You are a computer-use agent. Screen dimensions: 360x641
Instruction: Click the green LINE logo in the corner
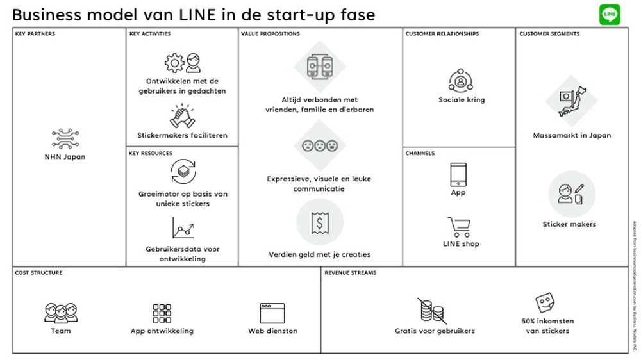[x=610, y=14]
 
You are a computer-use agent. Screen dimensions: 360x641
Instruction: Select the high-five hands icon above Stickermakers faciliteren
[x=182, y=117]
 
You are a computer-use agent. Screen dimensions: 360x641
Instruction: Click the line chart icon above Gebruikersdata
[x=183, y=228]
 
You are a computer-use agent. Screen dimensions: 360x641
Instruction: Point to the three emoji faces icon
[x=319, y=145]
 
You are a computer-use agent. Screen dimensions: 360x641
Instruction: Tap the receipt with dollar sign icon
[x=319, y=222]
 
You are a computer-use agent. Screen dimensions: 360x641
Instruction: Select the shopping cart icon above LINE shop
[x=460, y=227]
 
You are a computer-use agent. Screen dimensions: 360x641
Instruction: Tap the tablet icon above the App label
[x=458, y=174]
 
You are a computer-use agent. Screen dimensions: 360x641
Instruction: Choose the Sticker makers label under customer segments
[x=569, y=224]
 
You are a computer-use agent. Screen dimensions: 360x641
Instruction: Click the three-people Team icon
[x=60, y=312]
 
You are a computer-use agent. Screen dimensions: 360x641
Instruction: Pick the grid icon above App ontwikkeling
[x=162, y=313]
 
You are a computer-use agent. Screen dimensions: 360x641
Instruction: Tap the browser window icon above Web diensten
[x=272, y=313]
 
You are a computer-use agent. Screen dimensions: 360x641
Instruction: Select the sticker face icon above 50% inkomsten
[x=545, y=303]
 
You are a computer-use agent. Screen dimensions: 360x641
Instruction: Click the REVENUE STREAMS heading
[x=350, y=273]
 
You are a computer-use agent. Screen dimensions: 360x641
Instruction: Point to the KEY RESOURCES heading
[x=151, y=154]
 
